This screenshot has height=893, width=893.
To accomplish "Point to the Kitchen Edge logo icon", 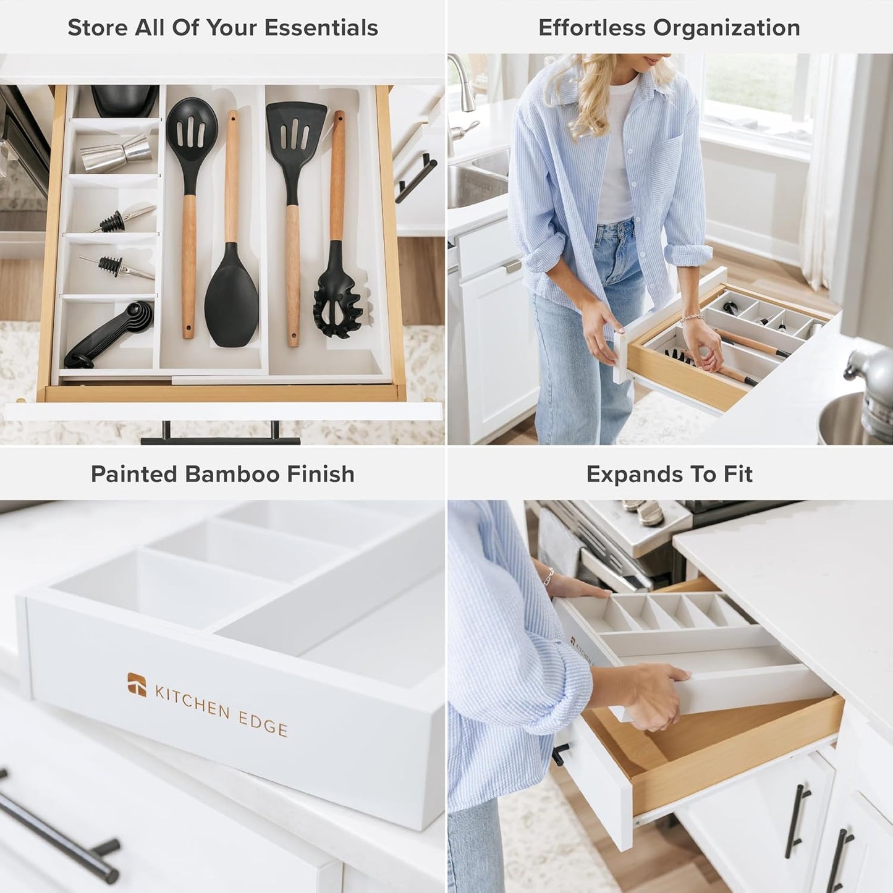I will (137, 684).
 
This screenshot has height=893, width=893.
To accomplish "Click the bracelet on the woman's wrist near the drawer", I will (692, 320).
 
